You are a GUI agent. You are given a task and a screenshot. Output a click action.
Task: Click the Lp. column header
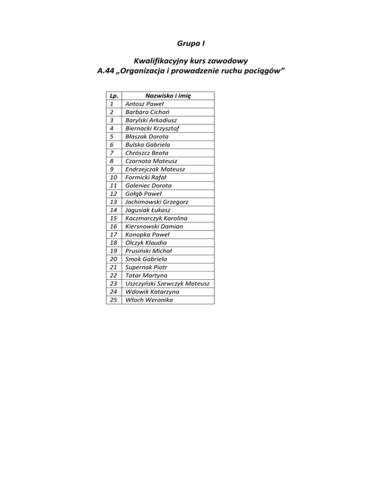(x=114, y=96)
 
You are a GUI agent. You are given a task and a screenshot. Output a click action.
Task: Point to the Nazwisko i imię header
(x=168, y=96)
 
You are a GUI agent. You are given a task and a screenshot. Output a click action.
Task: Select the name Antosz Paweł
(x=143, y=104)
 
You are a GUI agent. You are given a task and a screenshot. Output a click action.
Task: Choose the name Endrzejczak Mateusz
(x=154, y=169)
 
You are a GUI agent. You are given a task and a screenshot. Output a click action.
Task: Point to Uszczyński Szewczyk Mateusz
(x=167, y=283)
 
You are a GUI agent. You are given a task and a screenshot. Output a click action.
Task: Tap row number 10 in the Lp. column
(x=114, y=177)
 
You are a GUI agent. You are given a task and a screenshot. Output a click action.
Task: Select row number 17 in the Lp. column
(x=114, y=235)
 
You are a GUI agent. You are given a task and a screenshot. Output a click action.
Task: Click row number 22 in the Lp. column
(x=114, y=275)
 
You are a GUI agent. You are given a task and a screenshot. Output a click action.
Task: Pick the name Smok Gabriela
(x=146, y=259)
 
